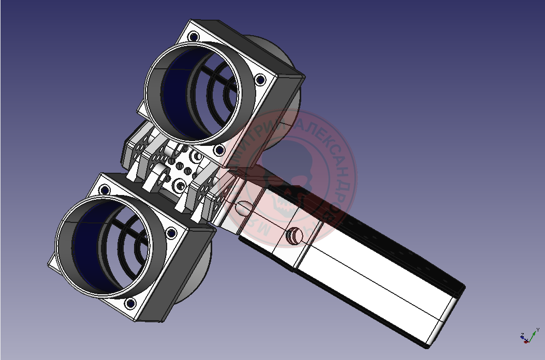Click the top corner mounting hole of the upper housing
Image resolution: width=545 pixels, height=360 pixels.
(x=194, y=37)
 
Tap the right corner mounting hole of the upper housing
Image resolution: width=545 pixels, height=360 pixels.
(x=260, y=80)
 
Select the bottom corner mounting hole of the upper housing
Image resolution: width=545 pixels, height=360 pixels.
(x=219, y=150)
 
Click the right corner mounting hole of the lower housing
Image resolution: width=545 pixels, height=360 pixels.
(x=171, y=233)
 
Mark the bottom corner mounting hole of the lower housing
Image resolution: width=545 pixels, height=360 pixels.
(x=130, y=303)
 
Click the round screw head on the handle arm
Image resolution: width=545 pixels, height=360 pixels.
(x=293, y=236)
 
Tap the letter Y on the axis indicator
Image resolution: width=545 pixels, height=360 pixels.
(x=538, y=329)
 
